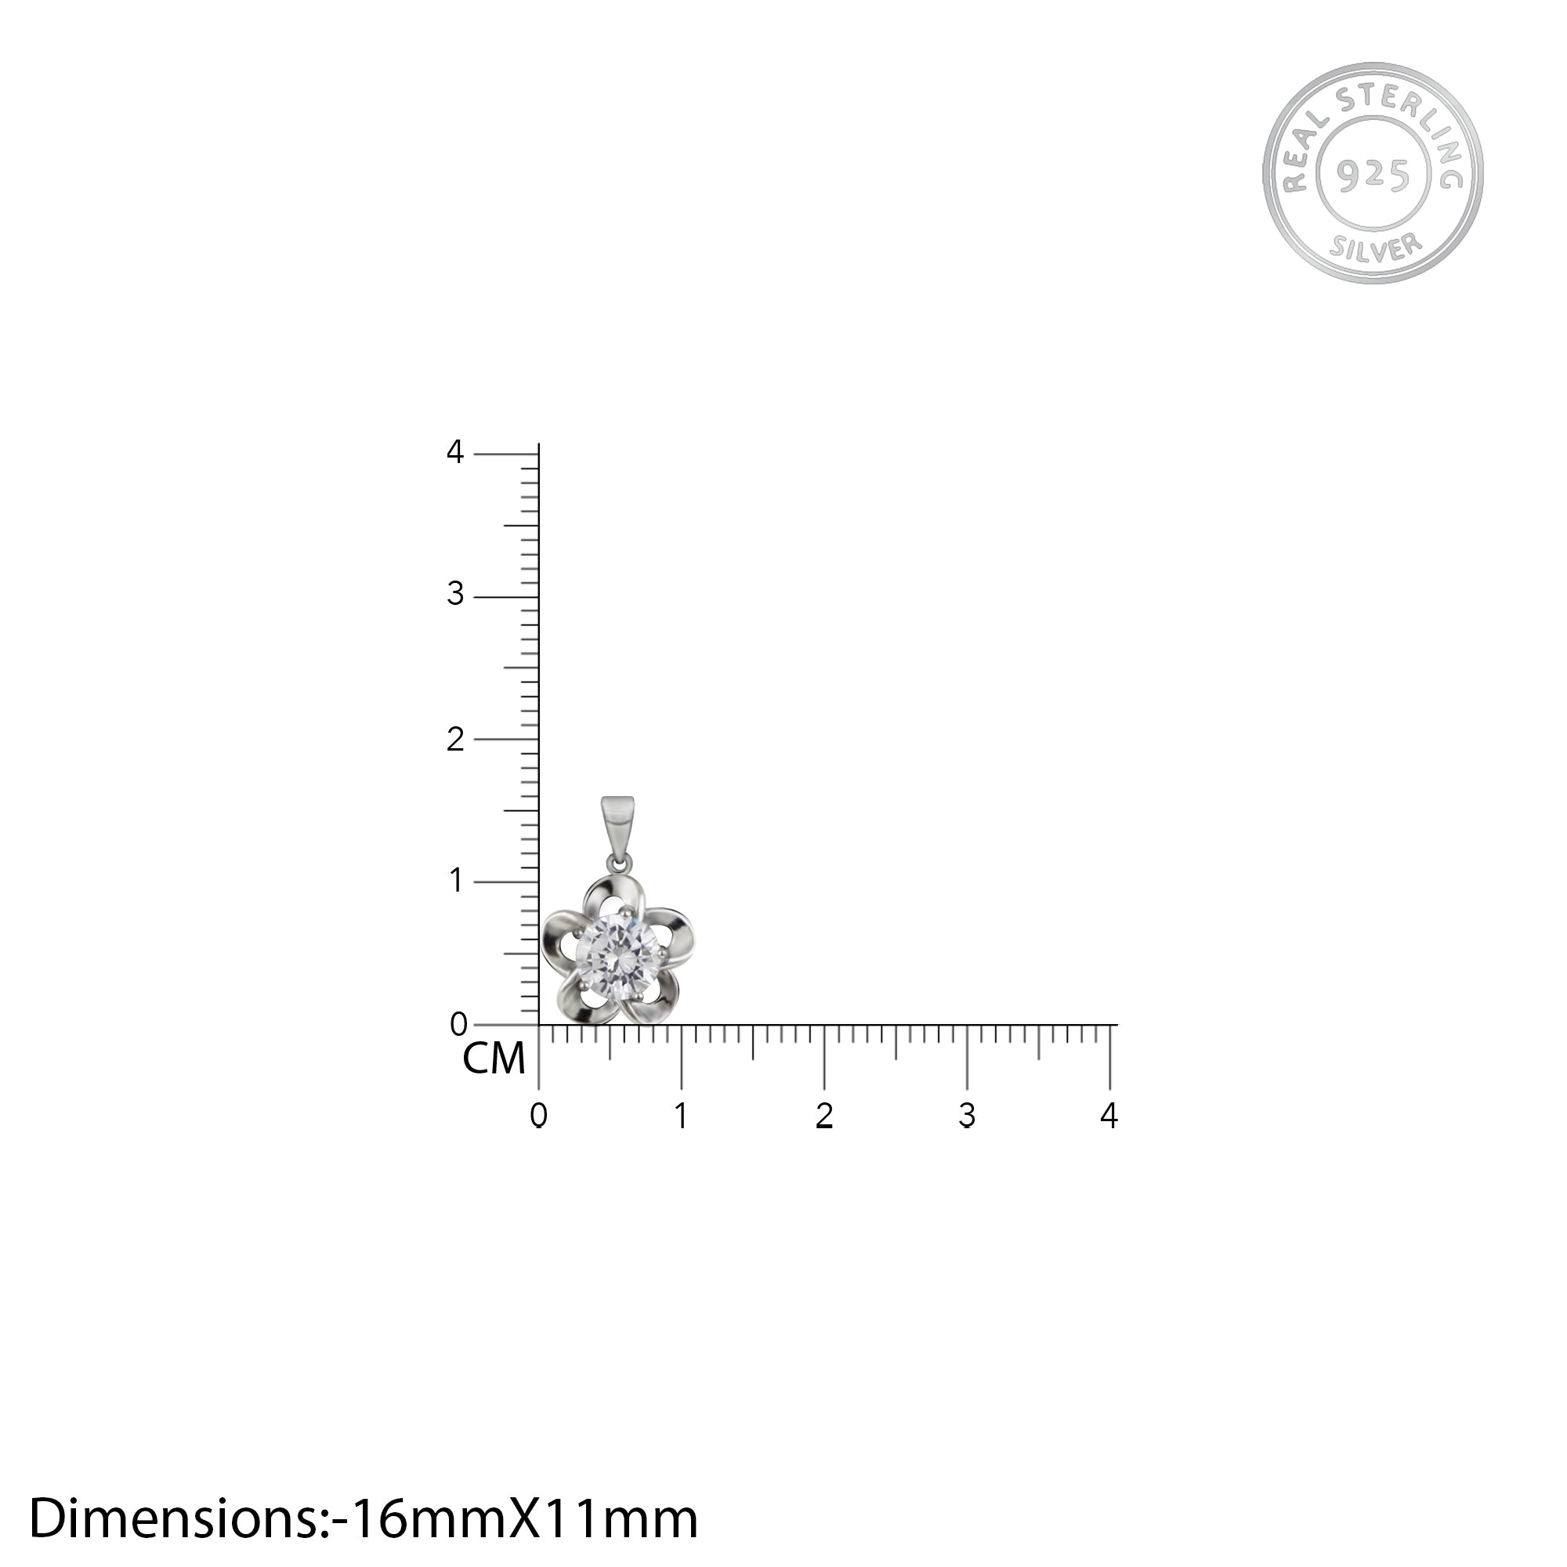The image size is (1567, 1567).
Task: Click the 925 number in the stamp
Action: click(x=1373, y=174)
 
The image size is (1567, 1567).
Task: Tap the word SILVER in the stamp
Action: click(x=1376, y=248)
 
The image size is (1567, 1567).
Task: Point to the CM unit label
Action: click(x=494, y=1059)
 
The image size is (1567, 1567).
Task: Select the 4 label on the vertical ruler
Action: click(x=455, y=452)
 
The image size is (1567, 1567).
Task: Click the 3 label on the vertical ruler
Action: click(x=455, y=595)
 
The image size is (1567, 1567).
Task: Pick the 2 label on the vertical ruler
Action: click(x=455, y=739)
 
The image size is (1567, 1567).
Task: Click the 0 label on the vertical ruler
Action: click(x=458, y=1024)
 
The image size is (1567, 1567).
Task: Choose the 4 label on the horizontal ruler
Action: click(x=1109, y=1116)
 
